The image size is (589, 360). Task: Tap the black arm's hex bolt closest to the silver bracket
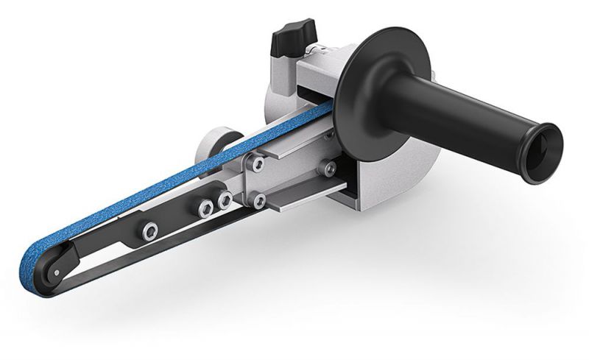pyautogui.click(x=224, y=198)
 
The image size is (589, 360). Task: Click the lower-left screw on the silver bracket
pyautogui.click(x=258, y=199)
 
